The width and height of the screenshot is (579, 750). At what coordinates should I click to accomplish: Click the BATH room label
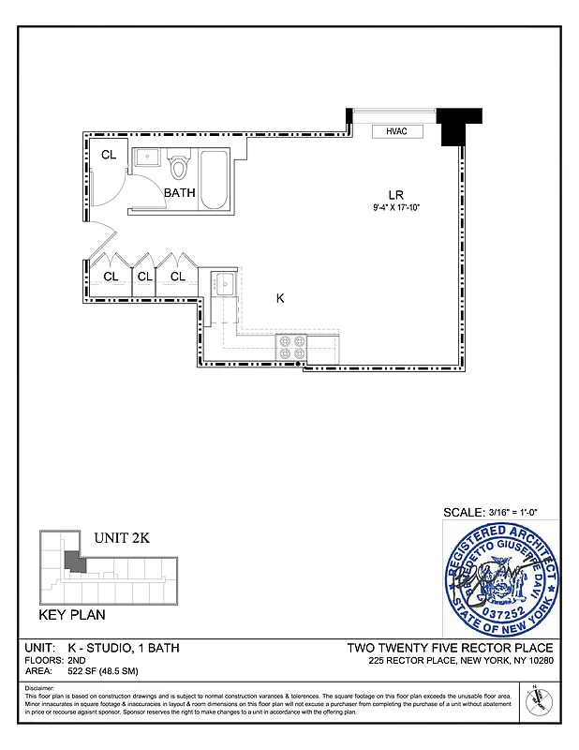pos(180,193)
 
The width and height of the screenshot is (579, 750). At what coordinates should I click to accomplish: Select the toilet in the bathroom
pos(180,166)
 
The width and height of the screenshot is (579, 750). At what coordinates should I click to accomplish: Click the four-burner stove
pos(291,347)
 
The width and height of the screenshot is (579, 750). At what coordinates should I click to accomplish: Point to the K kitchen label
pos(279,298)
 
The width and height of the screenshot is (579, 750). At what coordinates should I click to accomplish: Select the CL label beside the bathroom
pos(109,155)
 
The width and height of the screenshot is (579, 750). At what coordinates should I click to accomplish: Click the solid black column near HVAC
pos(458,125)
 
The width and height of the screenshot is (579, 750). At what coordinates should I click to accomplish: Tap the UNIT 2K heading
pos(122,538)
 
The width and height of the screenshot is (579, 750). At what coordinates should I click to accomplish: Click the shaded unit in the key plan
pos(72,562)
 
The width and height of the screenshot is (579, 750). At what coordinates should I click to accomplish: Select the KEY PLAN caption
pos(71,616)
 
